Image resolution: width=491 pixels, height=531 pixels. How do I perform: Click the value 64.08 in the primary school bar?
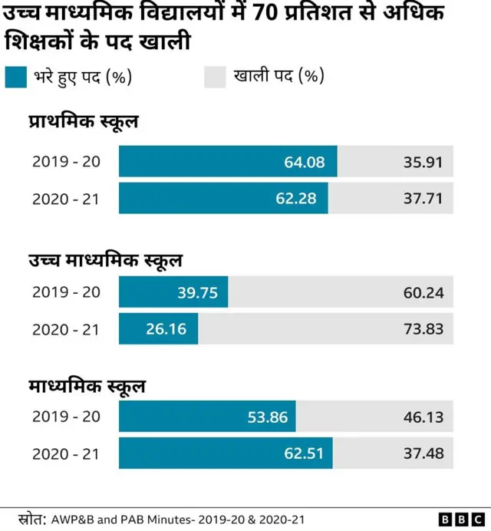click(305, 162)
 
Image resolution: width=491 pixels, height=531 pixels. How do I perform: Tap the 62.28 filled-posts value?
click(296, 199)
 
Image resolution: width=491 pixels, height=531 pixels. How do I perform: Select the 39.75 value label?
click(197, 292)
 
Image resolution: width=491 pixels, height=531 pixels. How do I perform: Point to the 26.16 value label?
click(166, 329)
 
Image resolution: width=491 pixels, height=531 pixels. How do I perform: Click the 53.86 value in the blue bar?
click(267, 417)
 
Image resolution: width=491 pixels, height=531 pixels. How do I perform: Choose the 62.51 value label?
click(305, 453)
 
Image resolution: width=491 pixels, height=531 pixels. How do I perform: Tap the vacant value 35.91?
click(423, 162)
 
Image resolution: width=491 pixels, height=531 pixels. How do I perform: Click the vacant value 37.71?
click(423, 199)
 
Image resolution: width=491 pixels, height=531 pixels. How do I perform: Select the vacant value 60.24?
click(423, 292)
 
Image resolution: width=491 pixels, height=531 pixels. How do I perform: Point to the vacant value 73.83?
click(423, 329)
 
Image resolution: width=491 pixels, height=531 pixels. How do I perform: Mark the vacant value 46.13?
click(423, 417)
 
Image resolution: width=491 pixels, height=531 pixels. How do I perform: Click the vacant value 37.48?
click(423, 453)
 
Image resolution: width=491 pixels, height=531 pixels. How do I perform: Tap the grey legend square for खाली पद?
click(215, 77)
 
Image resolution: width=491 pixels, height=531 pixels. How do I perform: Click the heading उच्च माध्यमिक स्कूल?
click(105, 260)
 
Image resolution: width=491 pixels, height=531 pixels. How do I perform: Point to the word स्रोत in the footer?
click(31, 518)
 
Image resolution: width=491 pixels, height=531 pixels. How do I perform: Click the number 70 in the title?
click(262, 13)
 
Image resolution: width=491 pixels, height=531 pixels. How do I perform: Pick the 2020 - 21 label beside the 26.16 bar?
click(66, 329)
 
